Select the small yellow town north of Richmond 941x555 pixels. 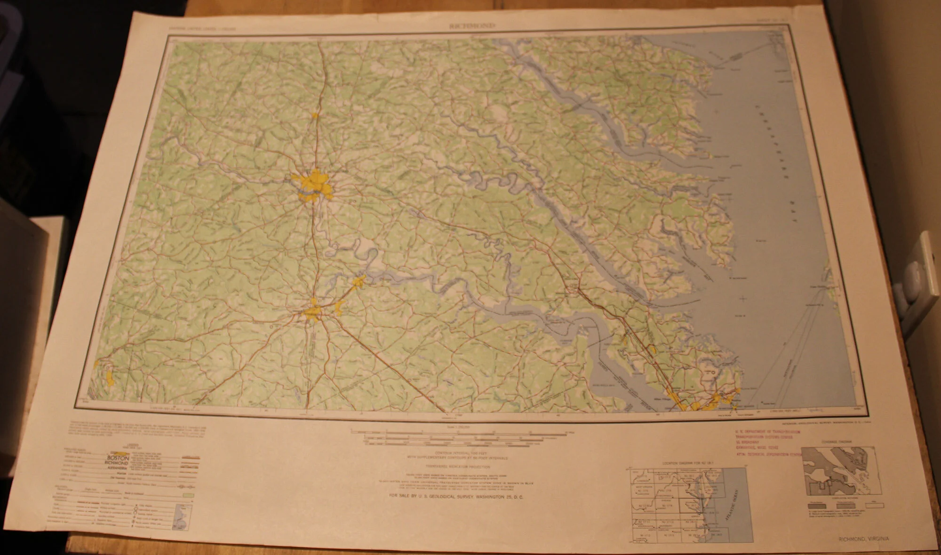[315, 115]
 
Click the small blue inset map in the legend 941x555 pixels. [180, 514]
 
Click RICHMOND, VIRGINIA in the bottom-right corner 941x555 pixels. [864, 539]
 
